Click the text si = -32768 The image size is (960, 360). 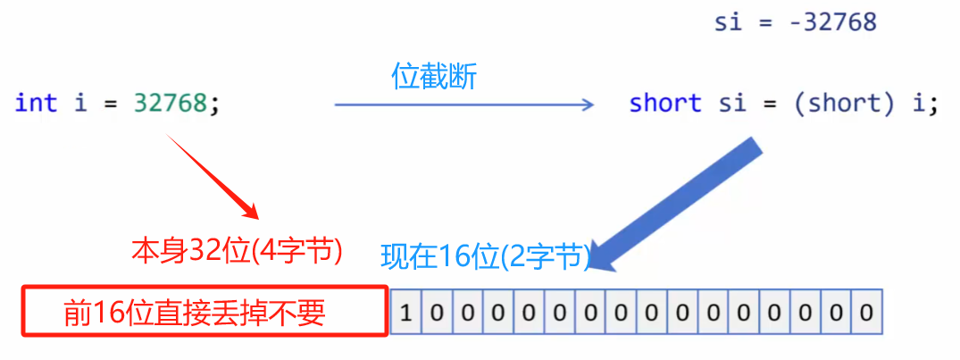(x=795, y=22)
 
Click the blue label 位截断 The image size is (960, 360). (x=434, y=77)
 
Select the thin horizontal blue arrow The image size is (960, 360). (x=463, y=105)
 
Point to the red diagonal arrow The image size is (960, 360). (x=210, y=173)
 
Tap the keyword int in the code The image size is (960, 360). (x=36, y=103)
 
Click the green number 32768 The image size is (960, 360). (x=171, y=103)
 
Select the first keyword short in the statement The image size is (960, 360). (x=664, y=104)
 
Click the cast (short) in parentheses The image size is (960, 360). (x=843, y=104)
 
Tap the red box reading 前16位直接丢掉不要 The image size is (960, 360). (x=205, y=312)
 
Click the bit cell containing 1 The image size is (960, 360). (x=406, y=313)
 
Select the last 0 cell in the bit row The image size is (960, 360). (x=865, y=313)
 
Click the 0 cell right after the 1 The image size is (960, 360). (x=437, y=313)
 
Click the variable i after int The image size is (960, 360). (x=80, y=103)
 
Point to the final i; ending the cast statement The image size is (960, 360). (x=920, y=104)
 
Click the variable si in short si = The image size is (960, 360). (x=732, y=104)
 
